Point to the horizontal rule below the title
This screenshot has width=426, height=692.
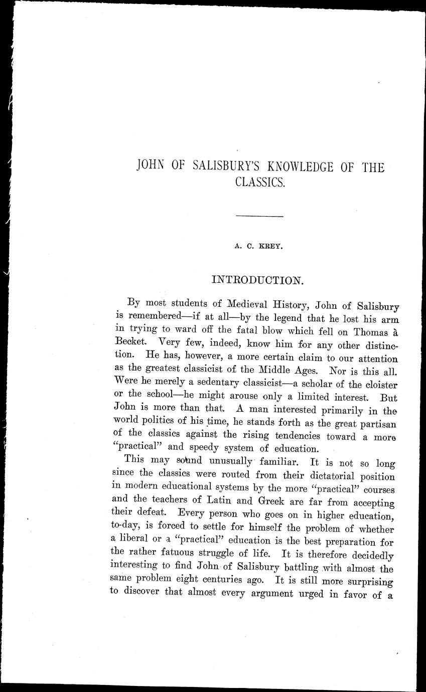pos(259,216)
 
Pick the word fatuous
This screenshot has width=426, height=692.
pos(192,556)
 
